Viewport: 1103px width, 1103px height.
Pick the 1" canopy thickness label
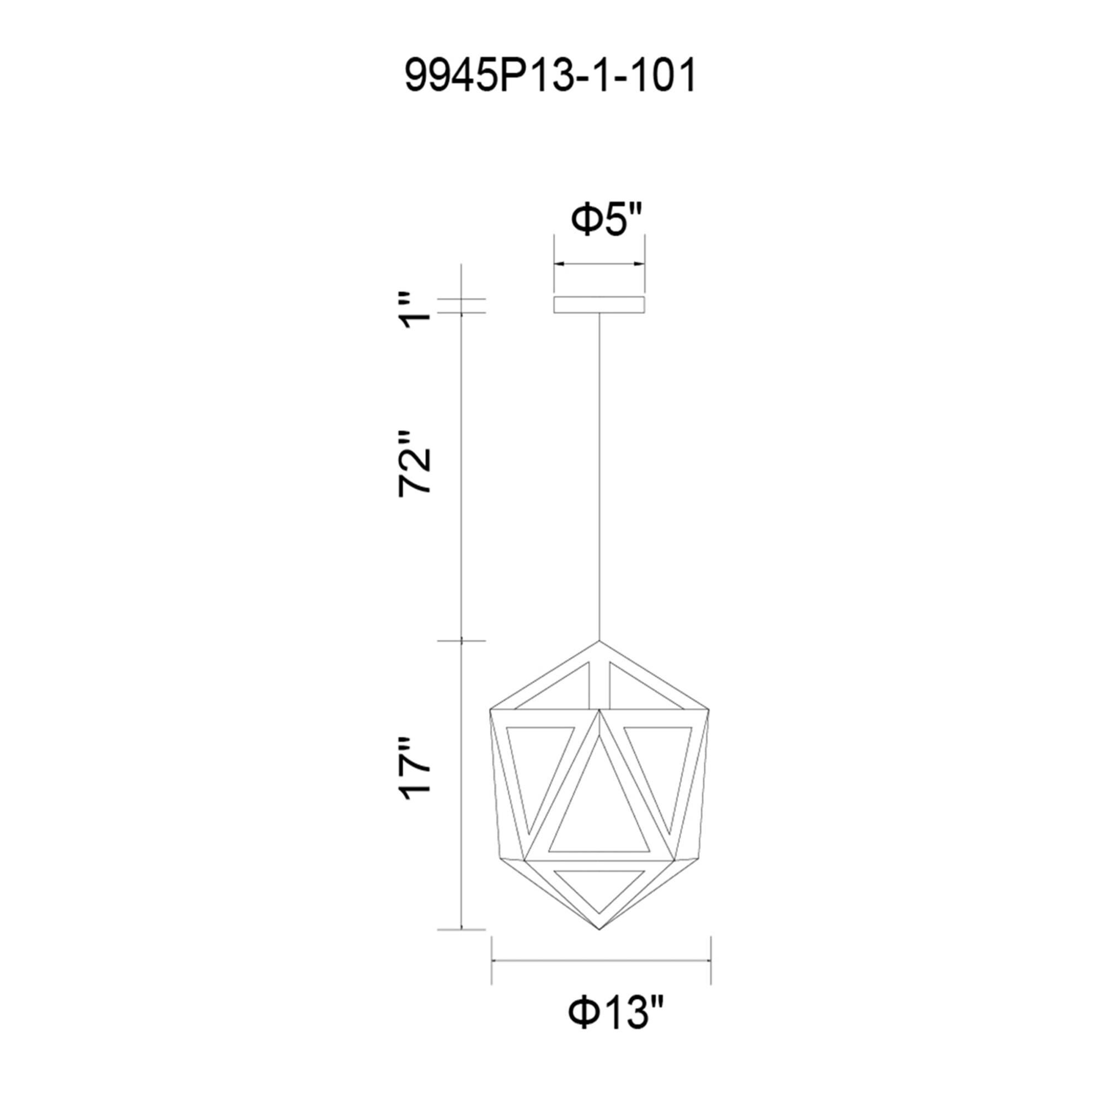tap(415, 311)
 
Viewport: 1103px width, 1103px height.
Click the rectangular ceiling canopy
tap(599, 305)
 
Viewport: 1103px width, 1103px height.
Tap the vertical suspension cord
tap(599, 474)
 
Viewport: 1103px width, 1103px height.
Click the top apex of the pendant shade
tap(599, 640)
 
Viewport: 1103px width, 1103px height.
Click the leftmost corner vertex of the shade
tap(490, 710)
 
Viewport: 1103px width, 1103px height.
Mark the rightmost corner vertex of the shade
tap(710, 710)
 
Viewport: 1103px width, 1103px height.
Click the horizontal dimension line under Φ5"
tap(599, 264)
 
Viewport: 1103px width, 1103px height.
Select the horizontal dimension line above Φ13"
tap(601, 960)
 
